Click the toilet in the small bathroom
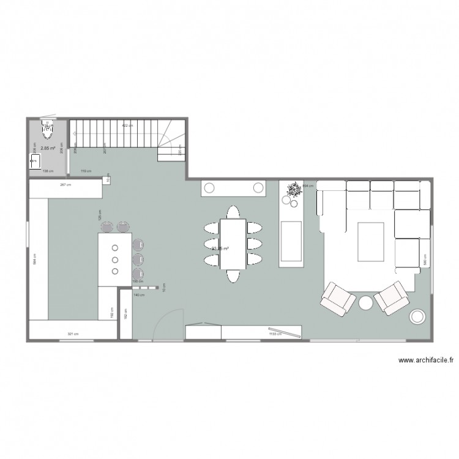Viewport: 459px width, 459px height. coord(47,127)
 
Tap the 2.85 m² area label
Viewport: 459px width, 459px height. coord(48,147)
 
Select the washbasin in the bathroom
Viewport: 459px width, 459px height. coord(35,161)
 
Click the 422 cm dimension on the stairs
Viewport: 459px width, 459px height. coord(126,125)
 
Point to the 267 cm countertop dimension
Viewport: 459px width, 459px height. coord(63,184)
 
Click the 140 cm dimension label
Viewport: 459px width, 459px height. coord(138,295)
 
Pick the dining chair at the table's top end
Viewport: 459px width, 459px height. coord(233,212)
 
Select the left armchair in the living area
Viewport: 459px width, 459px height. coord(337,298)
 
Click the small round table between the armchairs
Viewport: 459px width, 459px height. coord(365,302)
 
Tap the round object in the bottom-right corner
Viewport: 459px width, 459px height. coord(418,316)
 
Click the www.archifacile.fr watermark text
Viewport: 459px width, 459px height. coord(425,361)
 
